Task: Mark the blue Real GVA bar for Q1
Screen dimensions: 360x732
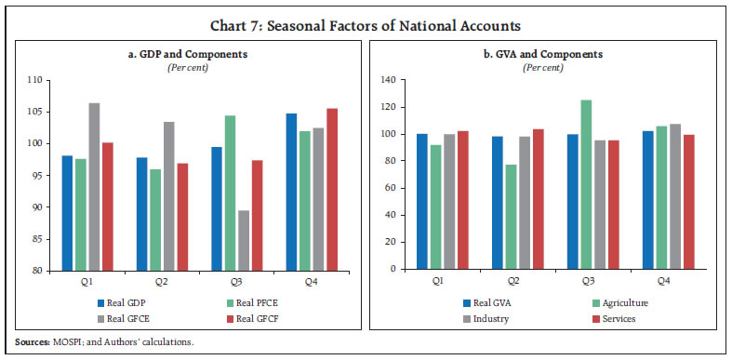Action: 421,201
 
